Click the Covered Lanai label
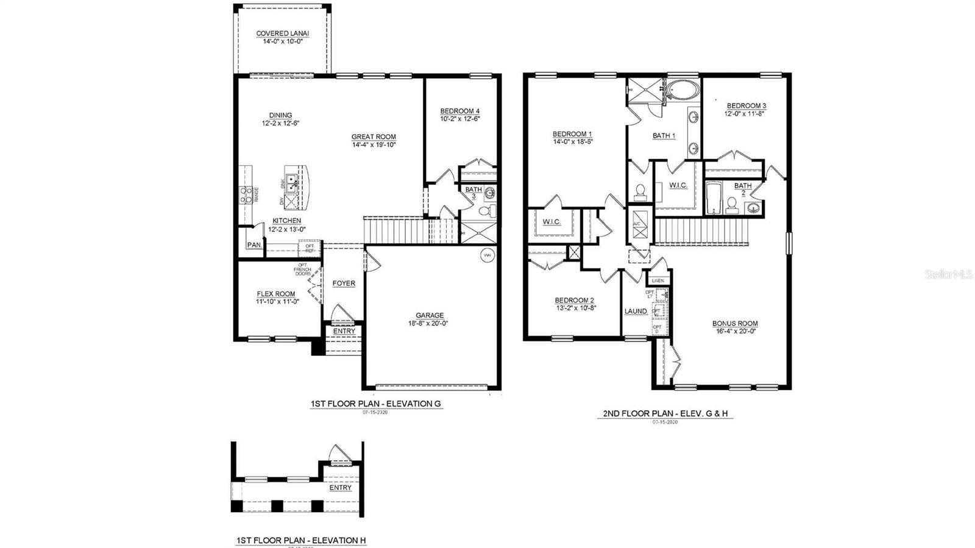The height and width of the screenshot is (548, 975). tap(282, 34)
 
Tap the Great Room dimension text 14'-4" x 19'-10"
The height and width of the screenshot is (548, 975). tap(374, 145)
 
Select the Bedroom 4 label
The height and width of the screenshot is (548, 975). tap(460, 111)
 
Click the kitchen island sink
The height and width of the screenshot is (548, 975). tap(292, 181)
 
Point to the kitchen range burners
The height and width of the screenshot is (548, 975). tap(246, 194)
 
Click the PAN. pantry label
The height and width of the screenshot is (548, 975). tap(254, 244)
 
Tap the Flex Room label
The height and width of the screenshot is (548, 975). tap(275, 294)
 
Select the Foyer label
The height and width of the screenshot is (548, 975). tap(344, 283)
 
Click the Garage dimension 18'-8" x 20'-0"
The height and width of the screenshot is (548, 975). tap(430, 324)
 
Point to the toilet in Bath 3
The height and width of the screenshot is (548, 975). tap(486, 212)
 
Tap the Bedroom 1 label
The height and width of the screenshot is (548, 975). tap(572, 134)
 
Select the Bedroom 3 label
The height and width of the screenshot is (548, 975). tap(746, 105)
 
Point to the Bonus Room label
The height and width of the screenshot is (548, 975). tap(735, 324)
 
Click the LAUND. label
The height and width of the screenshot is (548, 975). tap(636, 311)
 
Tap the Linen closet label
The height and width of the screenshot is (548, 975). tap(658, 280)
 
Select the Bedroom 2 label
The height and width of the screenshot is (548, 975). tap(574, 300)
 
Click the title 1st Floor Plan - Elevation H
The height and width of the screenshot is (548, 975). tap(301, 540)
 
